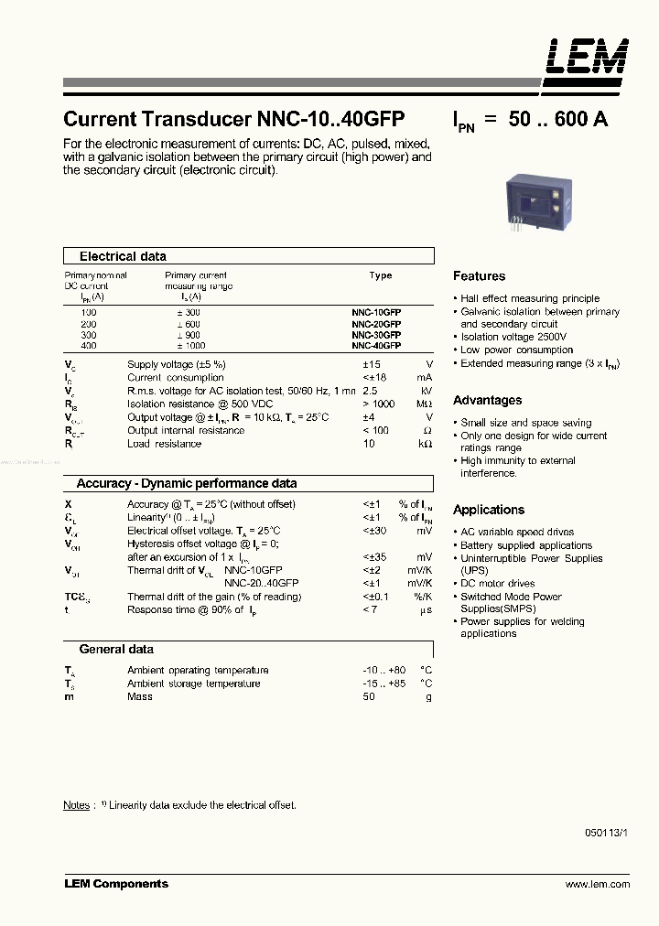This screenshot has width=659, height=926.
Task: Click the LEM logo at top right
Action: coord(587,58)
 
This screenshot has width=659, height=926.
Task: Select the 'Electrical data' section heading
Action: coord(123,257)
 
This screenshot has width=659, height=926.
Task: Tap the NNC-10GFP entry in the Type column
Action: coord(376,312)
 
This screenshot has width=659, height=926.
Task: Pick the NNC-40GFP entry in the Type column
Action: coord(376,346)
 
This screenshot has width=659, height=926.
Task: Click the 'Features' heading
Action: coord(479,276)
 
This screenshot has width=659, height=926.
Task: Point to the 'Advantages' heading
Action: coord(487,401)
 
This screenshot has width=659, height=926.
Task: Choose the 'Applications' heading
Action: coord(489,510)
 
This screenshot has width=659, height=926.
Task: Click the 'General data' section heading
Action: coord(116,650)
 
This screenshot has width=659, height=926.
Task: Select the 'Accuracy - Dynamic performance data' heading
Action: coord(186,484)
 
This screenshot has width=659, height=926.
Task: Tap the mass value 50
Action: coord(369,696)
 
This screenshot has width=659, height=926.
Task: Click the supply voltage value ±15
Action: coord(371,364)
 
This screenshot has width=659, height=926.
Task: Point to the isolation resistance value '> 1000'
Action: coord(378,404)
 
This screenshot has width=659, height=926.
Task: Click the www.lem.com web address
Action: coord(597,884)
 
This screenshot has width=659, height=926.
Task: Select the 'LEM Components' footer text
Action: coord(116,884)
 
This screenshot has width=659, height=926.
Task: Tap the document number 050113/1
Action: coord(606,833)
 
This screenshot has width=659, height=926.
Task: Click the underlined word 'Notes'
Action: coord(77,805)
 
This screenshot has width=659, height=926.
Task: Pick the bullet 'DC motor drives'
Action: coord(497,583)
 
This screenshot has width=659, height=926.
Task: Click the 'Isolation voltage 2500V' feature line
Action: coord(513,337)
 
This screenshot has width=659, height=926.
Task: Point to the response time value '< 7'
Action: coord(370,609)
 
